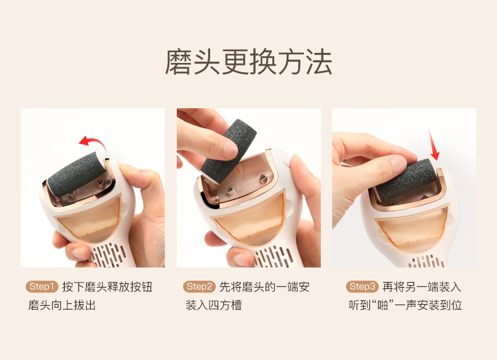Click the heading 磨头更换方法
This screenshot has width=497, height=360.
click(x=248, y=62)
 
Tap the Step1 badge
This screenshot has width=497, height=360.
click(x=42, y=287)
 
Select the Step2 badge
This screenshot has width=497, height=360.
click(x=199, y=287)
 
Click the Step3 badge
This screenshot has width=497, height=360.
click(x=362, y=287)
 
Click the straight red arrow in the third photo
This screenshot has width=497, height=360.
click(x=433, y=144)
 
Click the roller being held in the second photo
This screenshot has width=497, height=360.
click(x=229, y=151)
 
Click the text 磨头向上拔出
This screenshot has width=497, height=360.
click(x=62, y=305)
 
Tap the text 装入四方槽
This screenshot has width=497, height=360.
click(x=214, y=305)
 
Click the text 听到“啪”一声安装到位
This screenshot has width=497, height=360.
click(x=405, y=305)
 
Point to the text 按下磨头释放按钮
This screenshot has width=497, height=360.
click(x=107, y=287)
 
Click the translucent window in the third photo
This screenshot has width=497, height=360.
click(x=412, y=228)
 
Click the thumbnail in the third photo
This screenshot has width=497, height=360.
click(x=398, y=162)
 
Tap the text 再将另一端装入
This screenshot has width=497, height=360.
click(x=422, y=287)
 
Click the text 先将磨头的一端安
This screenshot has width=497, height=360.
click(x=264, y=287)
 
